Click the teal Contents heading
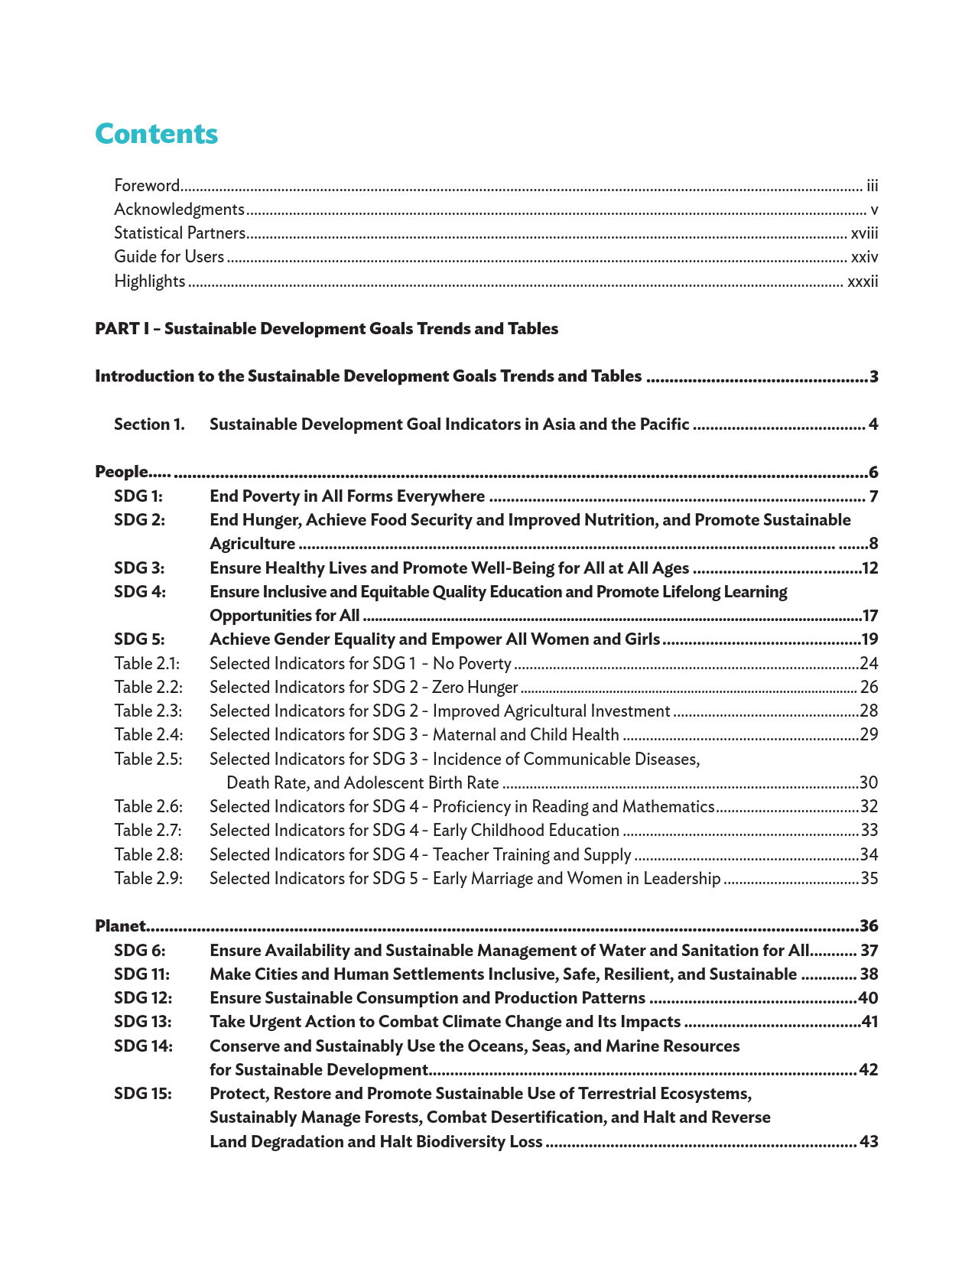[x=157, y=134]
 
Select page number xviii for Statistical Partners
[x=864, y=233]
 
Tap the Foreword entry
[x=147, y=186]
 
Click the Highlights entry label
[x=150, y=281]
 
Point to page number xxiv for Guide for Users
[x=864, y=257]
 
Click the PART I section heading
[x=327, y=329]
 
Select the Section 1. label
[x=150, y=424]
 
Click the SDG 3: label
[x=139, y=568]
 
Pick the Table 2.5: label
[x=148, y=759]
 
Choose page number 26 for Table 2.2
[x=869, y=688]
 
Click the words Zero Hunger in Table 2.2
[x=475, y=688]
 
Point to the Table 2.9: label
[x=148, y=879]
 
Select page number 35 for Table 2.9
[x=869, y=879]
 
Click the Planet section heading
[x=120, y=926]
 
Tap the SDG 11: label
[x=141, y=974]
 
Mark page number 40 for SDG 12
[x=868, y=998]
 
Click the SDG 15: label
[x=143, y=1094]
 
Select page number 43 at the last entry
[x=869, y=1142]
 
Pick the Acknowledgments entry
[x=179, y=210]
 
